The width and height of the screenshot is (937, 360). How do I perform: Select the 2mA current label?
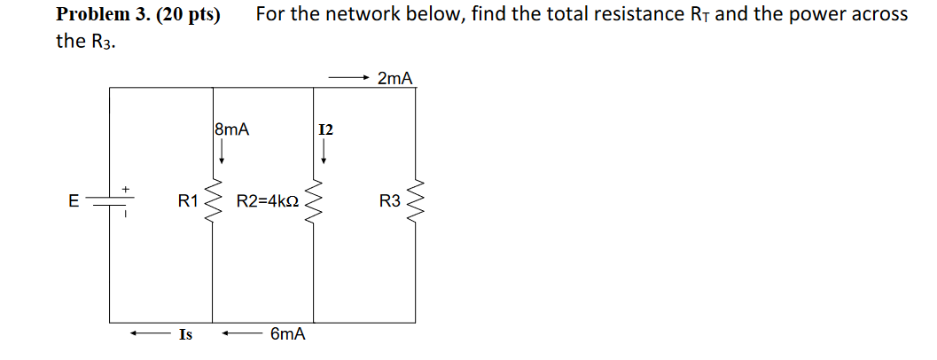[x=394, y=79]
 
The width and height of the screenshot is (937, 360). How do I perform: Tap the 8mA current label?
[x=232, y=129]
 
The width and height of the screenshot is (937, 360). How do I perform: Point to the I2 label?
[x=325, y=130]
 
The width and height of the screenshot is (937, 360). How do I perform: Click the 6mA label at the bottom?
[x=288, y=334]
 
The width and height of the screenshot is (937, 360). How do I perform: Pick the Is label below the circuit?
[x=185, y=334]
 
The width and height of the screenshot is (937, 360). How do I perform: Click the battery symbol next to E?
[x=111, y=201]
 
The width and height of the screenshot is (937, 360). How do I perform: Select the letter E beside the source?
[x=74, y=201]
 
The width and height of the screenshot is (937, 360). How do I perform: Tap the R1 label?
[x=188, y=201]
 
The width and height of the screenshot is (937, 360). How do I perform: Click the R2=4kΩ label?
[x=266, y=201]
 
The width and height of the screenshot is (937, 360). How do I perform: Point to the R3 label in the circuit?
[x=390, y=201]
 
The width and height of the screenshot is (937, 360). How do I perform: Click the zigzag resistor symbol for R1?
[x=213, y=202]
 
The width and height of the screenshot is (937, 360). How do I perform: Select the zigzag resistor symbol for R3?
[x=416, y=202]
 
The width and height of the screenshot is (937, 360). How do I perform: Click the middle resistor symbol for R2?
[x=314, y=202]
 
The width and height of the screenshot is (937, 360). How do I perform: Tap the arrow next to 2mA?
[x=347, y=79]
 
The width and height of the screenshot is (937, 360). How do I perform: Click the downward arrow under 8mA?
[x=222, y=153]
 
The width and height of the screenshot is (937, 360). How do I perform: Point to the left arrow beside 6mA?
[x=240, y=334]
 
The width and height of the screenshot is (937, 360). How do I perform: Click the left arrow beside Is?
[x=147, y=334]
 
